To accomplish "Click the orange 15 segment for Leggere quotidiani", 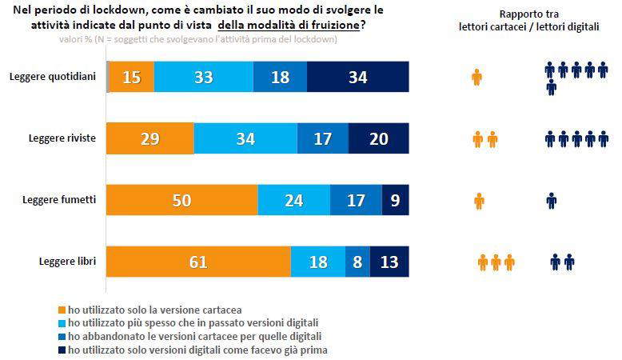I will pos(132,77).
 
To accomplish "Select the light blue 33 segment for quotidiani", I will pos(203,77).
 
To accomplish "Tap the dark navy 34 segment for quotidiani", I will pos(358,77).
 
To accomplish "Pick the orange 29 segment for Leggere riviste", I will pos(150,139).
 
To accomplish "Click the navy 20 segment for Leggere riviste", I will pos(378,139).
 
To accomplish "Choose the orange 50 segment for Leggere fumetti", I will pos(182,201).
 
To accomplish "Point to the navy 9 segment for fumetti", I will pos(395,201).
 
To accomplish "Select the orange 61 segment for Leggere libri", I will pos(198,262).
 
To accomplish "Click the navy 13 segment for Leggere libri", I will pos(389,262).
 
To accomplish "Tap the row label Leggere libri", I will pos(67,262).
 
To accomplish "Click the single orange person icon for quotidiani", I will pos(477,78).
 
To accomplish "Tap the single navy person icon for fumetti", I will pos(551,201).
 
